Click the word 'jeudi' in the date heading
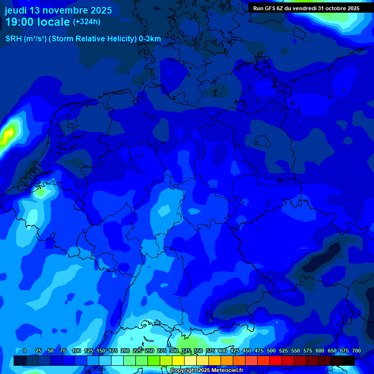click(x=16, y=10)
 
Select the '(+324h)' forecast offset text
click(x=87, y=21)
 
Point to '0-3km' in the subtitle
click(x=150, y=39)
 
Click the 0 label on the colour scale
click(x=25, y=351)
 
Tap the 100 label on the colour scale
click(x=76, y=351)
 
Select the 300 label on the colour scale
click(x=174, y=351)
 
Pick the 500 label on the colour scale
click(x=271, y=351)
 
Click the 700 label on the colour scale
click(x=356, y=351)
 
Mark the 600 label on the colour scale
click(x=320, y=351)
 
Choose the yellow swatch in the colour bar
click(x=178, y=360)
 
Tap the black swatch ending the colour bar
click(x=348, y=360)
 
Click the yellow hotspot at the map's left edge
click(x=8, y=133)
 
